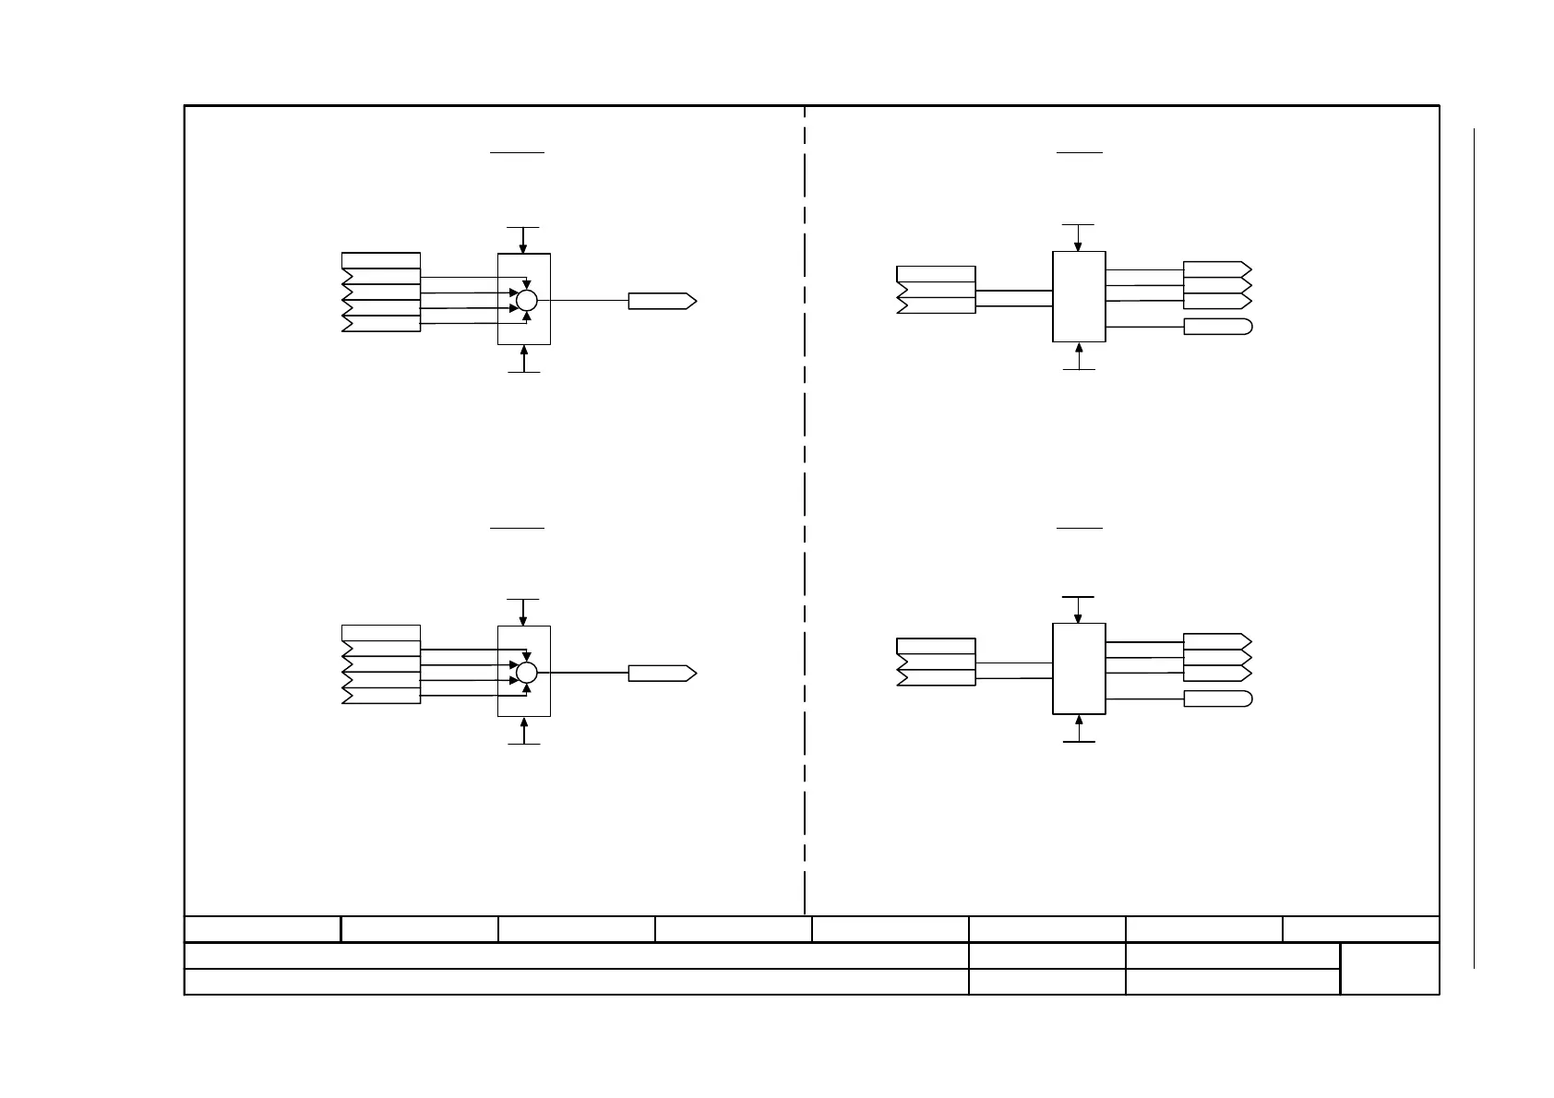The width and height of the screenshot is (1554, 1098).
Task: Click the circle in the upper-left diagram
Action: [526, 300]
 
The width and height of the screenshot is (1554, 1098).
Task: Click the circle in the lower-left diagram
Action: [526, 673]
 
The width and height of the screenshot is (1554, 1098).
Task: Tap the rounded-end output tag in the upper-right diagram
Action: [1217, 327]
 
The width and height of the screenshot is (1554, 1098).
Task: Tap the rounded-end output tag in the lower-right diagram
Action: [1217, 698]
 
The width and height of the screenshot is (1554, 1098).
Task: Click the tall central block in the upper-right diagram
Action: [1079, 296]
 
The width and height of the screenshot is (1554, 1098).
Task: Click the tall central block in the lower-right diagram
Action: [1079, 668]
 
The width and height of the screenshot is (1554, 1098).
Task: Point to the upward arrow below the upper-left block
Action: [524, 357]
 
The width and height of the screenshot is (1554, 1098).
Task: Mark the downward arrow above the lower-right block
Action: [1078, 611]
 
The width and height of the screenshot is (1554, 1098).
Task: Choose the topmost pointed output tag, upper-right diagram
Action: [1217, 269]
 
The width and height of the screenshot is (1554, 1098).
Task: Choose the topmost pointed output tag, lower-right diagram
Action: [1217, 641]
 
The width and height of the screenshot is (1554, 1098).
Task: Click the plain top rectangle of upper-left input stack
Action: [381, 260]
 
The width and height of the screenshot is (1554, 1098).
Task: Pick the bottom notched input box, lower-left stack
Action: [381, 696]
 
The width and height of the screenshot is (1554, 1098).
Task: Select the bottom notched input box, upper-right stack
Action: [936, 305]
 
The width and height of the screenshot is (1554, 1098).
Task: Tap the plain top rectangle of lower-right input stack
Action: [936, 646]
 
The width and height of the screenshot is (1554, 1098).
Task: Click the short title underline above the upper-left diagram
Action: [517, 152]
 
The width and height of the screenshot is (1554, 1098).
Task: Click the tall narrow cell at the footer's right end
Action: [1389, 968]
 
